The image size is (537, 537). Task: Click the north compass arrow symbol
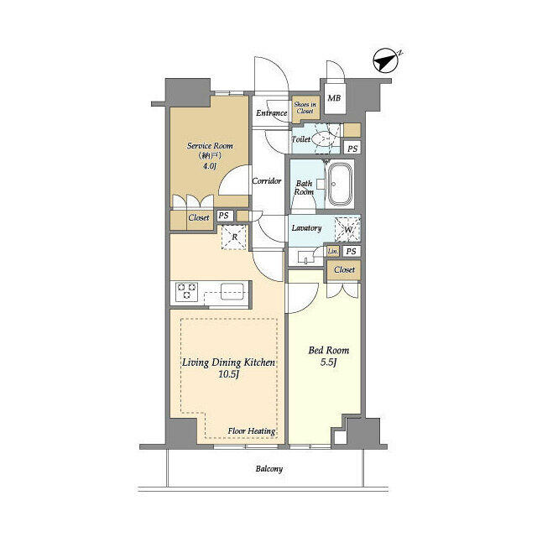[385, 60]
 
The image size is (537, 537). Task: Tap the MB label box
[335, 98]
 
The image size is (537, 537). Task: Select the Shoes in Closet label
[305, 107]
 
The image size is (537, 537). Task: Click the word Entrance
[272, 112]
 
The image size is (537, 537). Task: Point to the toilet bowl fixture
[324, 139]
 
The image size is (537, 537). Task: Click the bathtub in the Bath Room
[339, 185]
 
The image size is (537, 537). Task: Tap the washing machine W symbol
[347, 229]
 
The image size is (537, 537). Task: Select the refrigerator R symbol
[234, 237]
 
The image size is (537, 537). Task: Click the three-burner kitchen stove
[186, 292]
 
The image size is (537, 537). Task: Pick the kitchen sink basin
[232, 291]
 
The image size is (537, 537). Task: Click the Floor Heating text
[252, 431]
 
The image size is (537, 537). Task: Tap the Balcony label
[269, 469]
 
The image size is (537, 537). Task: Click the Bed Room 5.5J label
[329, 356]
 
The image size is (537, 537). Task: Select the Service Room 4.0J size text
[209, 166]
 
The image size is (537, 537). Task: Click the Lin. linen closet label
[333, 252]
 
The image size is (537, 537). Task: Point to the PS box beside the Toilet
[352, 149]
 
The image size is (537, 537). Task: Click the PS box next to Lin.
[351, 252]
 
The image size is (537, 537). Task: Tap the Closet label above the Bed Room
[344, 270]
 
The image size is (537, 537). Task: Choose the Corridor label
[267, 181]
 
